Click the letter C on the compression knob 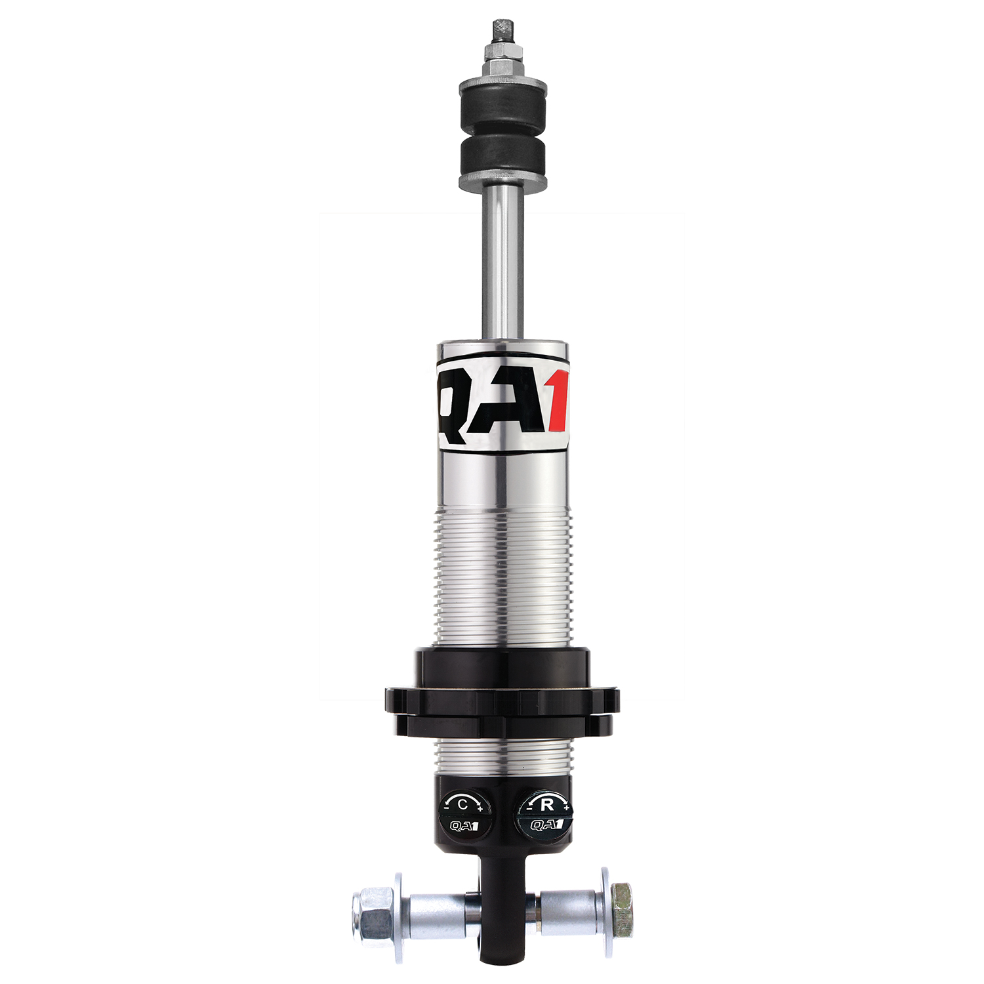pos(462,804)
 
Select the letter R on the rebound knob pos(546,804)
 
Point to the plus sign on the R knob pos(566,808)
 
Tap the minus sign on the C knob pos(446,809)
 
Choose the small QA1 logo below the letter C pos(464,826)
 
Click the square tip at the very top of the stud pos(502,30)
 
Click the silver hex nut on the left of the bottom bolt pos(372,912)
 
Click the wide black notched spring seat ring pos(502,701)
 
